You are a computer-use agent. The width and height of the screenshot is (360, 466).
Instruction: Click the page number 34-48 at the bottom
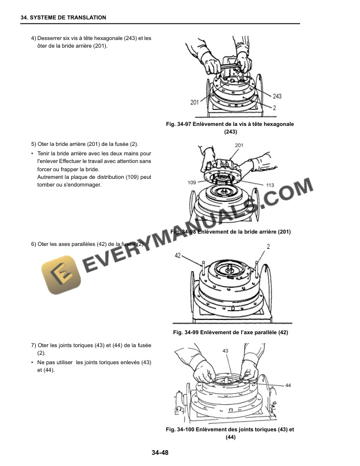[160, 452]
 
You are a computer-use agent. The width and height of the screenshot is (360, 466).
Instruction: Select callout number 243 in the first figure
[277, 96]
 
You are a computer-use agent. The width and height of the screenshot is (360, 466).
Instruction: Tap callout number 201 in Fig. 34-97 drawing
[194, 102]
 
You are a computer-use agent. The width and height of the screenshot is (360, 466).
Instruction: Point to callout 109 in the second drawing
[192, 183]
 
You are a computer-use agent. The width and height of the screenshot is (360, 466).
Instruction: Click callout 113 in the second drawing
[270, 185]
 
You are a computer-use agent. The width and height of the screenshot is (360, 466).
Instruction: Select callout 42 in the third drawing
[178, 256]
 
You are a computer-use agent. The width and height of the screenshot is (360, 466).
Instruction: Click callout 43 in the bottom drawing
[225, 350]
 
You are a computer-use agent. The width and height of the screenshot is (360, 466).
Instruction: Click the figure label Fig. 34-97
[184, 124]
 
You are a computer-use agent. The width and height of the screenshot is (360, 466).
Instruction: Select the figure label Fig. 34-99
[186, 333]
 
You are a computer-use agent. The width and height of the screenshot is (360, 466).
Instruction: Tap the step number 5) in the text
[33, 145]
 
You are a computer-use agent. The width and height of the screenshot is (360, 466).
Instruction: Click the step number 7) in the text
[33, 345]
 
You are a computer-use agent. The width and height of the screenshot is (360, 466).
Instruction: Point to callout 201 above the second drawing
[239, 145]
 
